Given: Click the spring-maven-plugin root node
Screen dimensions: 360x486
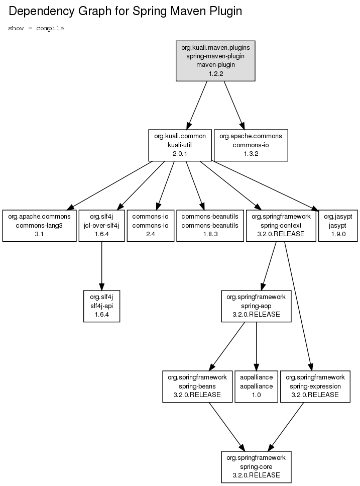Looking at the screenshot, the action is tap(215, 61).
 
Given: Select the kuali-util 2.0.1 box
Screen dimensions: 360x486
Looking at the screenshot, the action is tap(180, 145).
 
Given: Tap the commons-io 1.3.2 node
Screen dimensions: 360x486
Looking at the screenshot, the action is tap(251, 145).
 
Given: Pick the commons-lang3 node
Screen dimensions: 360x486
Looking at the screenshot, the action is tap(39, 226).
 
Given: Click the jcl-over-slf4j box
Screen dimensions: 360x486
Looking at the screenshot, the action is tap(101, 226).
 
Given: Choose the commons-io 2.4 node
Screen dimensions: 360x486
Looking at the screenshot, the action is tap(151, 226).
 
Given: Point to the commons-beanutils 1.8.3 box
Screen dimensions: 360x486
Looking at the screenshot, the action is tap(210, 226).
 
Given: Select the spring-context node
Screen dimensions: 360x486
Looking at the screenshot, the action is tap(281, 226).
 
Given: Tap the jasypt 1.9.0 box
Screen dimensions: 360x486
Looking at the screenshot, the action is tap(338, 226).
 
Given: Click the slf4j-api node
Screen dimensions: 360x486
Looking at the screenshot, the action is tap(101, 306).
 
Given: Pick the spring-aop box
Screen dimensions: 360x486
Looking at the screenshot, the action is tap(256, 306).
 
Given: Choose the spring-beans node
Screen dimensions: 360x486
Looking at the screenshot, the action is tap(197, 386).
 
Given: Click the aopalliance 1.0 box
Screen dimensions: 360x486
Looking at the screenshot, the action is tap(256, 386).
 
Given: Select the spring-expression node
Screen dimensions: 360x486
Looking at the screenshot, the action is tap(315, 386).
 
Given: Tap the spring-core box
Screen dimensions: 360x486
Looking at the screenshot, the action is tap(256, 467).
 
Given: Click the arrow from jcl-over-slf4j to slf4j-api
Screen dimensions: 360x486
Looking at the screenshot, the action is tap(101, 266).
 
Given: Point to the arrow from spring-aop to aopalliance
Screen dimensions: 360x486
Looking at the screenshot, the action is tap(256, 346).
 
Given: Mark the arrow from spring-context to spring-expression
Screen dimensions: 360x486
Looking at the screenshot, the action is tap(298, 306).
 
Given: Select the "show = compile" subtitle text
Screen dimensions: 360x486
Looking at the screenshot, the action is tap(36, 29).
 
